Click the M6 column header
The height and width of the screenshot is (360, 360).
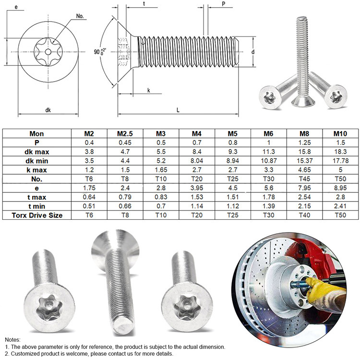tap(269, 133)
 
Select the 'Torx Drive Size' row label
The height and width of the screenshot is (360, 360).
tap(37, 215)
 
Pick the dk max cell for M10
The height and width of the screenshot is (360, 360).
tap(341, 151)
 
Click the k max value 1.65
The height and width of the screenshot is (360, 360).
tap(161, 169)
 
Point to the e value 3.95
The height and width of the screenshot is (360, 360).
tap(197, 188)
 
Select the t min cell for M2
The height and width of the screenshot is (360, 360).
tap(89, 206)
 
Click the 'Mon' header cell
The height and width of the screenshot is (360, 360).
tap(37, 133)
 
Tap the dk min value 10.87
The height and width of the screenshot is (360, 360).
tap(269, 160)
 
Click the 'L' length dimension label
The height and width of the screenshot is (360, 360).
tap(178, 110)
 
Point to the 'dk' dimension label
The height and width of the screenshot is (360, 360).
tap(48, 110)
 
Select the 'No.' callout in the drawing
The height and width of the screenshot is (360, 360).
tap(80, 16)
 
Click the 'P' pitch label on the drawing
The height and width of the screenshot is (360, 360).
tap(224, 4)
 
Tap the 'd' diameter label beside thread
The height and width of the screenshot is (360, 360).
tap(252, 51)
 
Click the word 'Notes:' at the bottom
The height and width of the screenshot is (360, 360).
tap(13, 339)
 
